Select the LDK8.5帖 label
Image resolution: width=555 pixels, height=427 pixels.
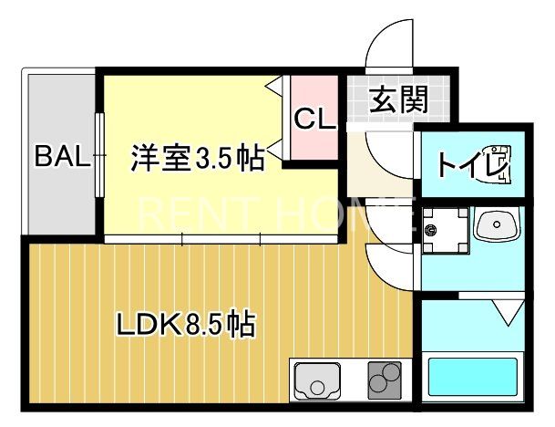[184, 324]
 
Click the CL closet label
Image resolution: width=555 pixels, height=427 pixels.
[314, 120]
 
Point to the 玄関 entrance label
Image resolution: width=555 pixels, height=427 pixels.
[399, 99]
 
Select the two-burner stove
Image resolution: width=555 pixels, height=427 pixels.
[385, 379]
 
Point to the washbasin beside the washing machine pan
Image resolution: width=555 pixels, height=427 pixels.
[498, 224]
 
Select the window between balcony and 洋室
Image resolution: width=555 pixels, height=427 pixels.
[100, 154]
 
